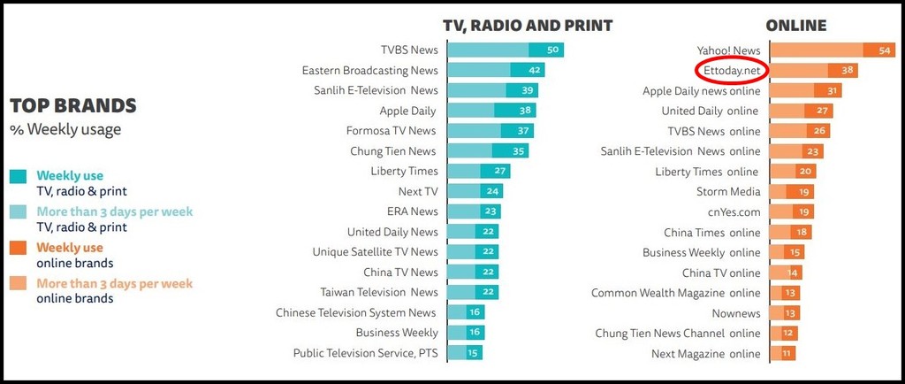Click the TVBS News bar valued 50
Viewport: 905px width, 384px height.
(505, 50)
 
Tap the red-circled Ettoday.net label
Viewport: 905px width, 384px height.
(732, 71)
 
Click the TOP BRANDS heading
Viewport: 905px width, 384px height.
(73, 106)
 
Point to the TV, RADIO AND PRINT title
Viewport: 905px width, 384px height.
(528, 26)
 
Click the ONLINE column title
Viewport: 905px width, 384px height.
(795, 26)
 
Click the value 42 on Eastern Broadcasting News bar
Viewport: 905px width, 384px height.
(534, 71)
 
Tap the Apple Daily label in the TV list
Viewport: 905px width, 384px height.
(407, 111)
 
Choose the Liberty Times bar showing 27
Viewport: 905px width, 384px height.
(478, 171)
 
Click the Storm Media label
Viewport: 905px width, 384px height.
(727, 192)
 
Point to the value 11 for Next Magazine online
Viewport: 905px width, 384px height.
(787, 354)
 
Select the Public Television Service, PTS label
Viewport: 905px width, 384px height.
(365, 353)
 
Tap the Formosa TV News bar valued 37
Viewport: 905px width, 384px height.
(491, 131)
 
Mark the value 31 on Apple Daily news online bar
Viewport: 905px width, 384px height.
(831, 91)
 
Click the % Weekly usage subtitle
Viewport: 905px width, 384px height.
(65, 130)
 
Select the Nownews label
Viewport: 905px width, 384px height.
(735, 313)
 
